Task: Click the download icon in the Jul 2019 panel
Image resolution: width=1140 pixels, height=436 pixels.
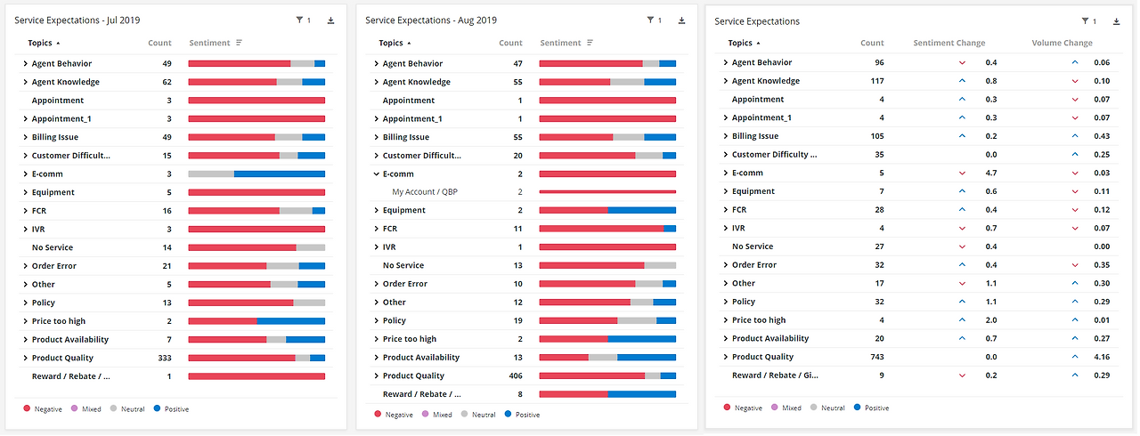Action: coord(331,20)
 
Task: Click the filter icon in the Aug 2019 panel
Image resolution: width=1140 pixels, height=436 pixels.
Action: coord(650,20)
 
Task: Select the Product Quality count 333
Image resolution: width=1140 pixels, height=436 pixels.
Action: coord(164,358)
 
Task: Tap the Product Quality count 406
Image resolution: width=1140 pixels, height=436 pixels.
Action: coord(515,375)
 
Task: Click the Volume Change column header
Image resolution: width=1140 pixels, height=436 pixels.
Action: coord(1062,43)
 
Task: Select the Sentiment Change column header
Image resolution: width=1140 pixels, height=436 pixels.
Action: coord(949,43)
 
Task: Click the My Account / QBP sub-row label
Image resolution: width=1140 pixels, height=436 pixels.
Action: coord(425,192)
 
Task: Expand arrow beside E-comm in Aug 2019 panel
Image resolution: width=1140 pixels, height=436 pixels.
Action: coord(377,174)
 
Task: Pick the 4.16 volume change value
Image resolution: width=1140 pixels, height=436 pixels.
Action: coord(1102,357)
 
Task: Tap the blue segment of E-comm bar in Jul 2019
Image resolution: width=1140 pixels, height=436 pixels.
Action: coord(280,174)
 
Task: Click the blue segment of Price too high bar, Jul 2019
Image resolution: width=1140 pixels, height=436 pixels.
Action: coord(290,321)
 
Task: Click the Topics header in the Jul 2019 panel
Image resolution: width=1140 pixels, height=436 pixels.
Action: coord(40,43)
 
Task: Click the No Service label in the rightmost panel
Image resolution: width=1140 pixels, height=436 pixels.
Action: coord(753,246)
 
